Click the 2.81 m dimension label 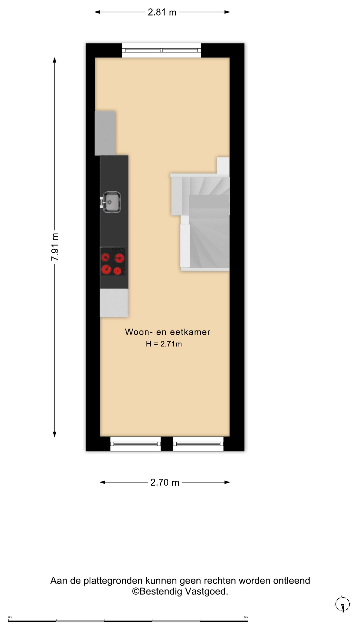(x=162, y=12)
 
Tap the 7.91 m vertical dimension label (x=55, y=247)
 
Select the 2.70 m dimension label (x=165, y=482)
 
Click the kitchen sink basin (x=111, y=202)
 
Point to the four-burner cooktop (x=113, y=261)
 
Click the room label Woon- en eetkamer (x=168, y=332)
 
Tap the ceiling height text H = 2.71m (x=164, y=344)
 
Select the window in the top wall (x=161, y=50)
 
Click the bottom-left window (x=135, y=444)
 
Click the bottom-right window (x=198, y=444)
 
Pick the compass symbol (x=343, y=604)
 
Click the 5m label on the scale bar (x=246, y=617)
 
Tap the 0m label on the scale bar (x=10, y=617)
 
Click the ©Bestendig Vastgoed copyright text (x=180, y=591)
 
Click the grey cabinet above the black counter (x=105, y=133)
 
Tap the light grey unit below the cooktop (x=114, y=303)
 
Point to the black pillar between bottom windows (x=167, y=444)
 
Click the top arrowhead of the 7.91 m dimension (x=55, y=60)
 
